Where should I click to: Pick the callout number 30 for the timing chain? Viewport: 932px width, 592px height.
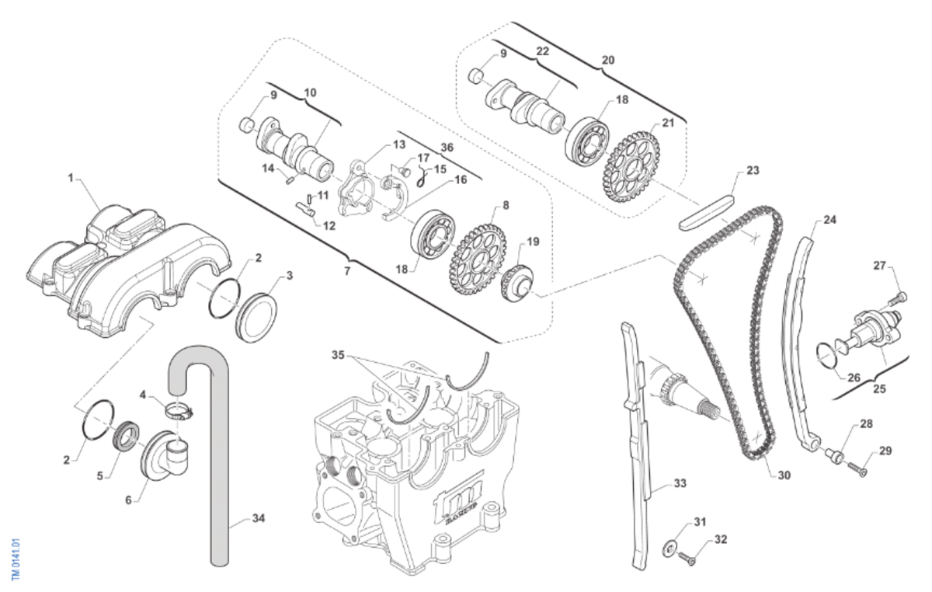pyautogui.click(x=784, y=475)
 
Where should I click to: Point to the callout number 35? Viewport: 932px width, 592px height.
pyautogui.click(x=338, y=356)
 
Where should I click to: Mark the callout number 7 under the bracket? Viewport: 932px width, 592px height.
pyautogui.click(x=347, y=272)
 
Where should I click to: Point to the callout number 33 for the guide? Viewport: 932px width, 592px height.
pyautogui.click(x=680, y=483)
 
